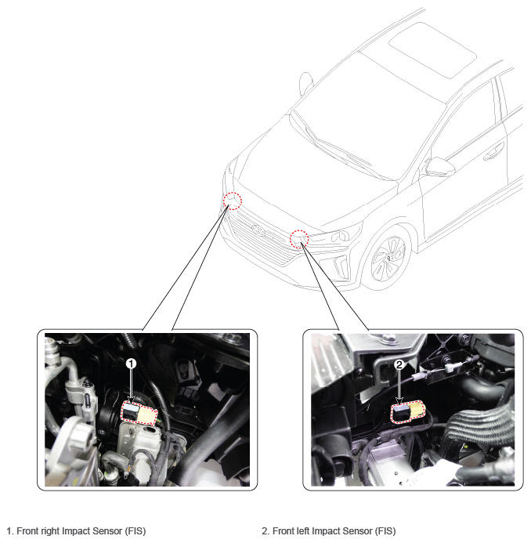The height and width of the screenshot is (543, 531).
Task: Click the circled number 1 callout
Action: [x=131, y=364]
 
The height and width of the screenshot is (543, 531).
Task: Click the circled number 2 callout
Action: [x=399, y=364]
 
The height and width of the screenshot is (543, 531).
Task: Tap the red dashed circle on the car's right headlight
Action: [x=233, y=201]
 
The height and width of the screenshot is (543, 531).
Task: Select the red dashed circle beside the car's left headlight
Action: [x=299, y=239]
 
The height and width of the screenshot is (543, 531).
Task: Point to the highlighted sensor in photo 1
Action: [x=139, y=412]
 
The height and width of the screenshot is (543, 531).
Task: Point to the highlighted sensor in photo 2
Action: [x=408, y=411]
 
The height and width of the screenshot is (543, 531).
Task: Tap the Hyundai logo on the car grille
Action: [x=258, y=230]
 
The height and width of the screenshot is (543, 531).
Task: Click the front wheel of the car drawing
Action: [x=388, y=258]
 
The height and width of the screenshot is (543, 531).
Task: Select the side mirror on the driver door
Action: [x=439, y=167]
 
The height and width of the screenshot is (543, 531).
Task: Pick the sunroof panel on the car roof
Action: [x=432, y=50]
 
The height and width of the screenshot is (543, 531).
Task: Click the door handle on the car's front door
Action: [x=493, y=153]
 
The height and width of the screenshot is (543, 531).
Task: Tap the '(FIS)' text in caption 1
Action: [x=135, y=531]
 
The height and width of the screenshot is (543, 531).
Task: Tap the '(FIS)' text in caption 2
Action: [x=385, y=531]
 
